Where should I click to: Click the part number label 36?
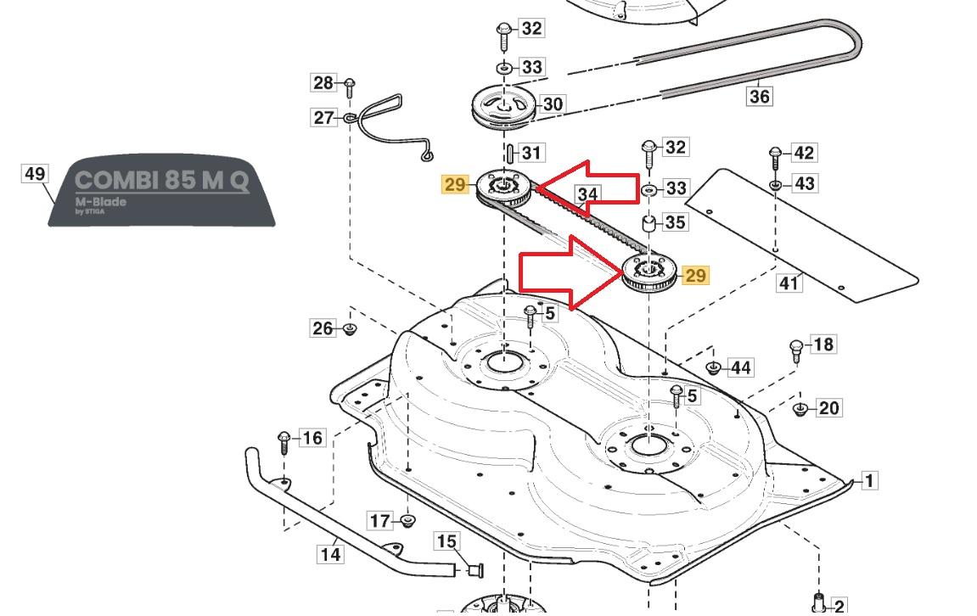(x=759, y=96)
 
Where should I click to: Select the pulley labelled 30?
(x=506, y=107)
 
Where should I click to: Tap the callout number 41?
(x=789, y=283)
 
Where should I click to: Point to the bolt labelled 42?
(x=775, y=156)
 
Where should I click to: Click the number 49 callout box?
(x=35, y=174)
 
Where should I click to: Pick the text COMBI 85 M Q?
(x=162, y=181)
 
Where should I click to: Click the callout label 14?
(x=330, y=554)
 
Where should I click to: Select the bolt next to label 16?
(x=284, y=441)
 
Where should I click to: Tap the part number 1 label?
(x=868, y=481)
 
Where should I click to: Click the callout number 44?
(x=740, y=367)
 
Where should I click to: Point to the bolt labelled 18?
(x=796, y=348)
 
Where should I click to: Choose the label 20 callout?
(x=828, y=408)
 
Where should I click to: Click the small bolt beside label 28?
(x=349, y=85)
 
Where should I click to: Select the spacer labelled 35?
(x=649, y=224)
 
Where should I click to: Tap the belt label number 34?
(x=587, y=194)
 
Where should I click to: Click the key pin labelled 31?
(x=508, y=154)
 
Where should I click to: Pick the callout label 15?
(x=446, y=540)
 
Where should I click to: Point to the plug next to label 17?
(x=407, y=520)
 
